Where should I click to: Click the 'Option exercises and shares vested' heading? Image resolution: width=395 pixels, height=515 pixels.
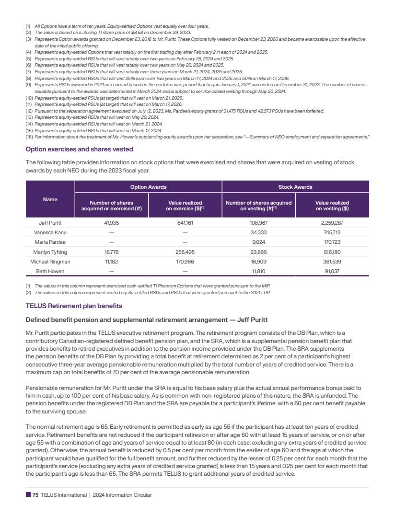[x=79, y=149]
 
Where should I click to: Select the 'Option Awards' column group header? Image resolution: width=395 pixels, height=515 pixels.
[x=148, y=186]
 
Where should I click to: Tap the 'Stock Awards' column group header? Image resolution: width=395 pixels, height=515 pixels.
[x=295, y=186]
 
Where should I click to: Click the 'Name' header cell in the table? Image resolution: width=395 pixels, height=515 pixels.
[x=50, y=199]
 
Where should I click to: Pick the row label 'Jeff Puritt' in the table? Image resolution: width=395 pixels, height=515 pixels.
[x=50, y=223]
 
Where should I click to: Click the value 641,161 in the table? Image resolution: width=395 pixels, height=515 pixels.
[x=185, y=223]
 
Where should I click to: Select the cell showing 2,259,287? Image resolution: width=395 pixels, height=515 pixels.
[x=332, y=223]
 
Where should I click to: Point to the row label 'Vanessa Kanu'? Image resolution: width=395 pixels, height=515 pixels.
[x=50, y=232]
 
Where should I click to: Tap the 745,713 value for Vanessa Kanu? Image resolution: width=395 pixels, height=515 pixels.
[x=332, y=232]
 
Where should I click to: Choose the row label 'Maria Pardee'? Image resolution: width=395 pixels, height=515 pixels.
[x=50, y=242]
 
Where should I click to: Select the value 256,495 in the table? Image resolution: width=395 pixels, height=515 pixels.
[x=185, y=252]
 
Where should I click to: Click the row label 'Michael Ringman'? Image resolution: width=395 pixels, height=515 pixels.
[x=50, y=262]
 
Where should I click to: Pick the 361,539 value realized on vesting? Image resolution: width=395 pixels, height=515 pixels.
[x=332, y=262]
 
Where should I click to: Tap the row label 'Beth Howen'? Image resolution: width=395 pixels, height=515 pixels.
[x=50, y=271]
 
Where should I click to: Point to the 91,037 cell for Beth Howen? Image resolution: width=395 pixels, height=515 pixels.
[x=332, y=271]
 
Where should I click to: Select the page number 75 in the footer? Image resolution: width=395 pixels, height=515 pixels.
[x=35, y=495]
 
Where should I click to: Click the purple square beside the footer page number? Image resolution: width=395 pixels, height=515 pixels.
[x=28, y=495]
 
